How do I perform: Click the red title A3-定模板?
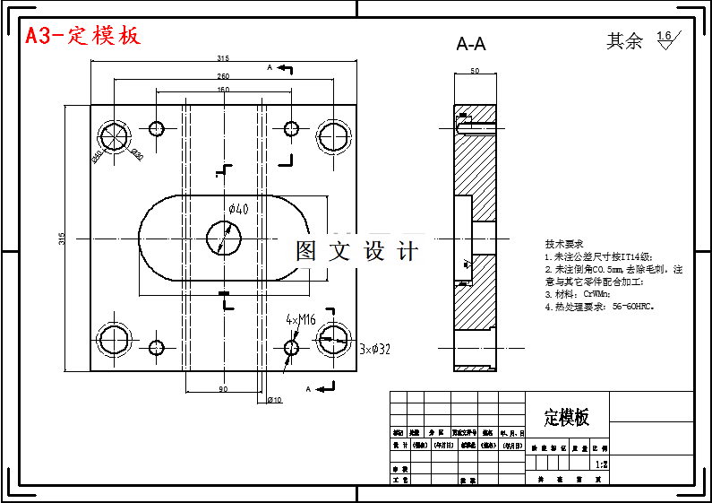click(82, 36)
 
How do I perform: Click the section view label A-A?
click(471, 44)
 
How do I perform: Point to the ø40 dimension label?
click(238, 209)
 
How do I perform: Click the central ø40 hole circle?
click(224, 238)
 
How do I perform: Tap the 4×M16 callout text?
click(301, 319)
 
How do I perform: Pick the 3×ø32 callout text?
click(373, 348)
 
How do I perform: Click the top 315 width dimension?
click(222, 58)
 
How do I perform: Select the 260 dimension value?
click(222, 75)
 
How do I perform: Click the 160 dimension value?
click(222, 90)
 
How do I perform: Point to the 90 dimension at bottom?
click(222, 388)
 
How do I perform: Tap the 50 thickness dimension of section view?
click(474, 70)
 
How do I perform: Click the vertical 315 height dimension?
click(62, 238)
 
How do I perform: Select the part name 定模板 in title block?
click(567, 417)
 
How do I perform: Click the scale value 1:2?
click(602, 464)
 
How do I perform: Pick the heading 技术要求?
click(563, 244)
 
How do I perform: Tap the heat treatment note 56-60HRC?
click(599, 306)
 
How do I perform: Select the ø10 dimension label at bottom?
click(275, 399)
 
